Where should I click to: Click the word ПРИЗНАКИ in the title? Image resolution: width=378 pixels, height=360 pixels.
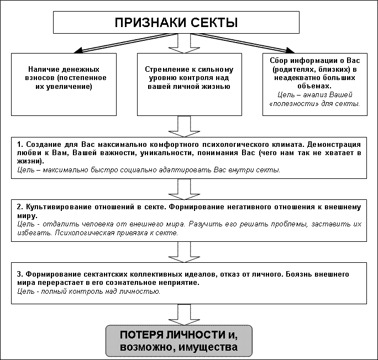click(x=151, y=23)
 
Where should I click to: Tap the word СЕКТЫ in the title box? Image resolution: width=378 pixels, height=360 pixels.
click(x=214, y=23)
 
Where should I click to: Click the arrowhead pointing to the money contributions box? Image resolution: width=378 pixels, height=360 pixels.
click(x=78, y=50)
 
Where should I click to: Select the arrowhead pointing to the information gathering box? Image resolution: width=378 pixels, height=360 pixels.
click(x=290, y=50)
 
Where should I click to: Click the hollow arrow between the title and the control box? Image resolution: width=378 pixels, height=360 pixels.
click(x=184, y=44)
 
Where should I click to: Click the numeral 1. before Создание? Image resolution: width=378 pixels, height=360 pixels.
click(x=20, y=144)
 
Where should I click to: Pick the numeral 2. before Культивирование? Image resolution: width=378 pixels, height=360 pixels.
click(x=20, y=207)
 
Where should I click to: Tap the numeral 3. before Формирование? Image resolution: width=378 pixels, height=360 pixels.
click(x=20, y=274)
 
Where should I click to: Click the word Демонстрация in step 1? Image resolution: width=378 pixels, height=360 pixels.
click(x=334, y=145)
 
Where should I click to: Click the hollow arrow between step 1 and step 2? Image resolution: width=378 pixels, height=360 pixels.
click(x=184, y=189)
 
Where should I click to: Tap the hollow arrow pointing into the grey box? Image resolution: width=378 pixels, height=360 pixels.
click(x=184, y=315)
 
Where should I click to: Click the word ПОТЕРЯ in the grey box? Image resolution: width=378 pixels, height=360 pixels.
click(x=140, y=335)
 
